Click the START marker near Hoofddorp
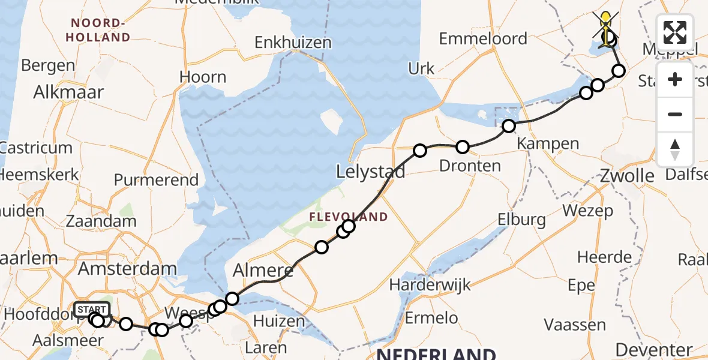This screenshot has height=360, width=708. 92,310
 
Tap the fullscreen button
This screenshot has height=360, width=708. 675,32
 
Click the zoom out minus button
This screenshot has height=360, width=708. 675,114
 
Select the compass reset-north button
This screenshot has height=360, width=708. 675,149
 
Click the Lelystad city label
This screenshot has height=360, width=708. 370,172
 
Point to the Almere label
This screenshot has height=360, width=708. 263,271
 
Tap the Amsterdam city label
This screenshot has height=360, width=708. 127,269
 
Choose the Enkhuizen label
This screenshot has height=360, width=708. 293,43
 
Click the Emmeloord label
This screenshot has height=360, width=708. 483,39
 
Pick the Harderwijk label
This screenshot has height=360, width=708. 430,284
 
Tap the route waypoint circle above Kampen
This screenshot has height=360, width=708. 509,126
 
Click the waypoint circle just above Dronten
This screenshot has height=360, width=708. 463,147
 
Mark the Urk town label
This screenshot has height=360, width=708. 421,68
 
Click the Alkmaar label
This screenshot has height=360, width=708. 68,92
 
